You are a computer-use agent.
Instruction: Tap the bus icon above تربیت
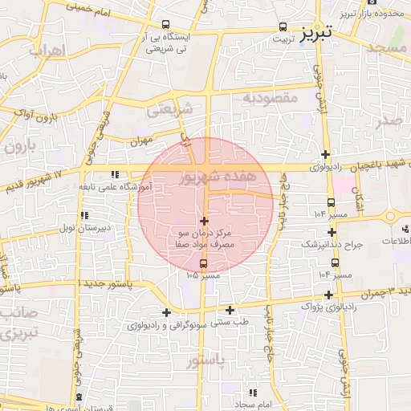[x=282, y=26]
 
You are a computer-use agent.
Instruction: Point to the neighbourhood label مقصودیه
[x=270, y=97]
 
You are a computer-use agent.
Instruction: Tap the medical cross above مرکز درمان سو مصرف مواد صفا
[x=204, y=221]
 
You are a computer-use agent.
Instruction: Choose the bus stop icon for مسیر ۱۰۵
[x=202, y=263]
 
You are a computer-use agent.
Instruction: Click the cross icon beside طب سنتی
[x=230, y=310]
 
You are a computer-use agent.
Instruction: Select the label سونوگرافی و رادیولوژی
[x=166, y=326]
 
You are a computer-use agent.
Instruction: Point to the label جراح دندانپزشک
[x=332, y=242]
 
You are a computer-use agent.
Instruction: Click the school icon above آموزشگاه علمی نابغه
[x=116, y=174]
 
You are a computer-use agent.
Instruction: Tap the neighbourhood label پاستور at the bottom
[x=208, y=362]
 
